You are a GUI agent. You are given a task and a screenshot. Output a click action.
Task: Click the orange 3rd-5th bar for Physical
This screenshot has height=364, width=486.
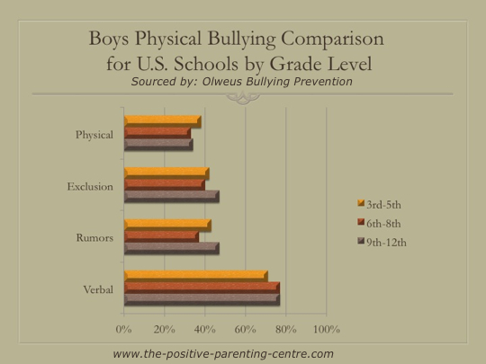click(x=163, y=121)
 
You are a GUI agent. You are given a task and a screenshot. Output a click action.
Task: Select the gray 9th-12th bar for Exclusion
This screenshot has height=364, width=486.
click(x=172, y=197)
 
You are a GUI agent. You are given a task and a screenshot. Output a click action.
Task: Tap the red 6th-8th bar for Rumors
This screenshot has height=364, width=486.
click(x=161, y=236)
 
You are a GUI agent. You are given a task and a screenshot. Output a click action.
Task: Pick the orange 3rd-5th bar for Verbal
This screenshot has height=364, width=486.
click(x=196, y=276)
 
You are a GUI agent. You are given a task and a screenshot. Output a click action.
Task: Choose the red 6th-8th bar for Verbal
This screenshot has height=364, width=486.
click(x=202, y=288)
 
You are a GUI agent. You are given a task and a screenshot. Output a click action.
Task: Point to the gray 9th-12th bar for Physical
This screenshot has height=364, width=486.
click(x=158, y=145)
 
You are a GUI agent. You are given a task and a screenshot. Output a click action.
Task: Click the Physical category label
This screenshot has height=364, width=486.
click(x=94, y=135)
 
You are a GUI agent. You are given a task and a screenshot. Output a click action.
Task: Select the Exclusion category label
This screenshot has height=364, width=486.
click(x=90, y=186)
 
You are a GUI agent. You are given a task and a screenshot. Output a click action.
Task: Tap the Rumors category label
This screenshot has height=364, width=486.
click(x=94, y=237)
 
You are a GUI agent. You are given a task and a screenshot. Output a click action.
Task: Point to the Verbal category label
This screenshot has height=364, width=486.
click(x=98, y=289)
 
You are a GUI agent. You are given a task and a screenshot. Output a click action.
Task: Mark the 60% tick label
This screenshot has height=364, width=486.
click(x=245, y=329)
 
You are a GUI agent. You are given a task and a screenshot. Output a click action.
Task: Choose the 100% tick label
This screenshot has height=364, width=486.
click(x=327, y=329)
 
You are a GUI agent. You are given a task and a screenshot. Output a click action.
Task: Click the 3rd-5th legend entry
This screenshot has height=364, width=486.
click(x=380, y=205)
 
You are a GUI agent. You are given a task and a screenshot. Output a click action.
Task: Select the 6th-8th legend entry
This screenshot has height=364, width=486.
click(x=380, y=224)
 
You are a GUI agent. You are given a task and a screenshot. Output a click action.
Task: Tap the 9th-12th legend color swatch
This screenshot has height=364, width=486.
click(x=361, y=241)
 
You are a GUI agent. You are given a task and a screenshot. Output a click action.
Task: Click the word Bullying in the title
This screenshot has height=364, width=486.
click(x=241, y=40)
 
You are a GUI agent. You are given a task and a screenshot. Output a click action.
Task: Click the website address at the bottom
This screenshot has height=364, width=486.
click(x=223, y=353)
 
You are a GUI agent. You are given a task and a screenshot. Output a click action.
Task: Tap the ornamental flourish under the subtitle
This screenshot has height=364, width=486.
click(x=243, y=97)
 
